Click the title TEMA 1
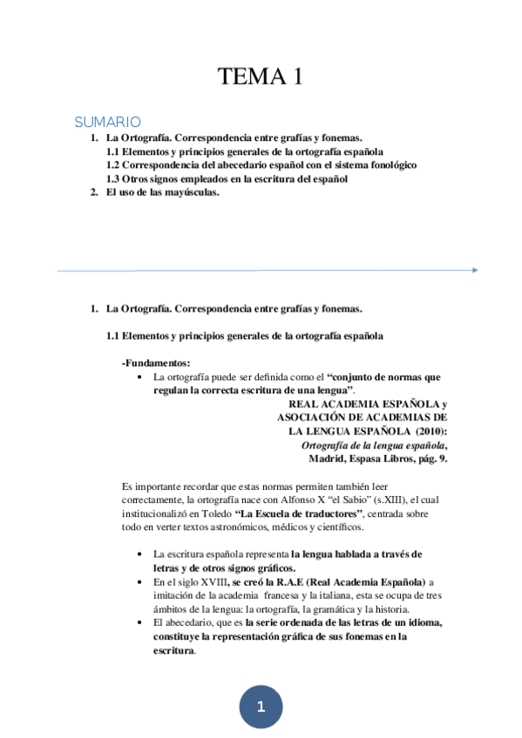click(261, 77)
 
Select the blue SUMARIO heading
click(107, 122)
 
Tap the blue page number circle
click(261, 707)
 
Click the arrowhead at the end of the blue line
click(474, 270)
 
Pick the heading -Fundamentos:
click(156, 362)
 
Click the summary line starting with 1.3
click(227, 178)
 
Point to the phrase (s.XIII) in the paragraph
click(381, 500)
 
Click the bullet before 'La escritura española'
click(141, 554)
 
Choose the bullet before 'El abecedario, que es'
click(141, 623)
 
